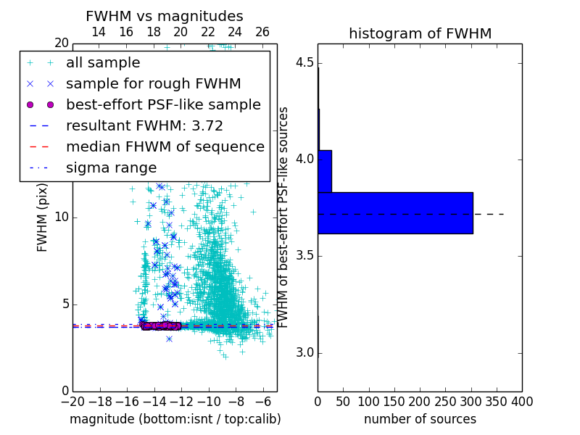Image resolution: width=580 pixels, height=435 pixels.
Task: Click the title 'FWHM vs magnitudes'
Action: coord(165,17)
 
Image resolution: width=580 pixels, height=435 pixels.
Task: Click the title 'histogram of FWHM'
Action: coord(420,33)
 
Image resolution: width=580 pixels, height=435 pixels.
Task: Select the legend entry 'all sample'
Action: coord(103,63)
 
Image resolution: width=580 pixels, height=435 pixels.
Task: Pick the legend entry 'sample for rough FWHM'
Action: coord(144,83)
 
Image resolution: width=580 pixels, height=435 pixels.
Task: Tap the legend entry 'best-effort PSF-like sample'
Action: coord(163,104)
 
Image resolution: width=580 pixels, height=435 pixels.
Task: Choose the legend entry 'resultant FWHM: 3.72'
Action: coord(144,125)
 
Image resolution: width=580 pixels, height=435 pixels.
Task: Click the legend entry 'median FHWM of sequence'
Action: coord(165,146)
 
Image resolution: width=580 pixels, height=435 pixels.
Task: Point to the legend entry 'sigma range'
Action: coord(111,167)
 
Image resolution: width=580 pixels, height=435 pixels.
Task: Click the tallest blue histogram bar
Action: coord(395,213)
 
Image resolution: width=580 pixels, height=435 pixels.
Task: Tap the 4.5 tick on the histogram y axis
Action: coord(306,62)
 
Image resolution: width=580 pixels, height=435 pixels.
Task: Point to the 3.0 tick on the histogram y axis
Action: coord(306,353)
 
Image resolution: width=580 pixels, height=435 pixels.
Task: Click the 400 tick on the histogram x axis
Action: coord(522,401)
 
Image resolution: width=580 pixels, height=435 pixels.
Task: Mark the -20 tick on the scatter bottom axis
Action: coord(72,401)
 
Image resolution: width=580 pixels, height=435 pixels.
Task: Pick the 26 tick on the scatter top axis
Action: coord(262,32)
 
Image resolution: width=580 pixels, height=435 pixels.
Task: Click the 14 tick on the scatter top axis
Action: coord(99,32)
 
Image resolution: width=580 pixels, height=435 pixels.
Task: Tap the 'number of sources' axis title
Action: coord(420,419)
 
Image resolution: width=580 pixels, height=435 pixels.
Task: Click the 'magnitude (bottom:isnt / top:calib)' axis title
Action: coord(175,419)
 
